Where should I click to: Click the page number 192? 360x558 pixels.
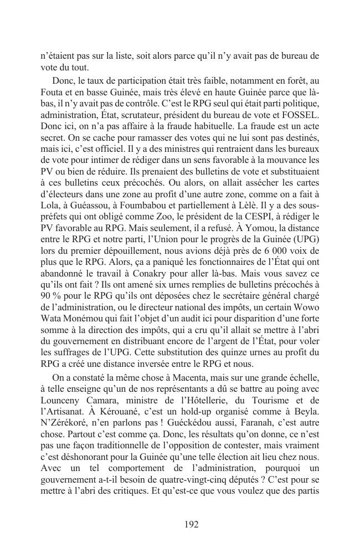click(191, 524)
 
